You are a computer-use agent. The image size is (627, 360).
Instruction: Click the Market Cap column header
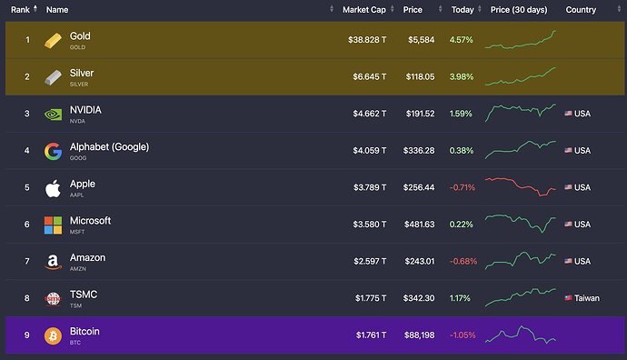point(363,10)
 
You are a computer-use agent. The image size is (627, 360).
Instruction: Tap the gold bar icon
point(53,40)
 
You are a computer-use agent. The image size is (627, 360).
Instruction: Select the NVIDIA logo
point(53,115)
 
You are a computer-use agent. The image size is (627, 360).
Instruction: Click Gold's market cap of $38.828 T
point(367,40)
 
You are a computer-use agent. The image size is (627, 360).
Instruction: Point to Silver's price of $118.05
point(420,76)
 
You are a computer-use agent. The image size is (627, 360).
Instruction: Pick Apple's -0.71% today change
point(463,187)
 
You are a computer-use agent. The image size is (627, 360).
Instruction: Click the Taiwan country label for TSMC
point(587,298)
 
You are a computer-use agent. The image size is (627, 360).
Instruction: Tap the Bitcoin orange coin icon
point(53,335)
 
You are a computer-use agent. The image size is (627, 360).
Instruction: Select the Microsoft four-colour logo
point(53,225)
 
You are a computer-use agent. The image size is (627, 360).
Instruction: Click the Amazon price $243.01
point(420,261)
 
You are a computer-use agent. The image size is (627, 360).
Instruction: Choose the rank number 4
point(26,150)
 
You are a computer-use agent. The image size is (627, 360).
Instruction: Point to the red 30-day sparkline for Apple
point(521,186)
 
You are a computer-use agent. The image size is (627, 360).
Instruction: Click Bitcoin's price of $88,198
point(419,335)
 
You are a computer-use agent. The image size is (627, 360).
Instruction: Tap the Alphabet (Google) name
point(109,146)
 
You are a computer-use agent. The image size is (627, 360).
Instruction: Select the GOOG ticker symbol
point(78,158)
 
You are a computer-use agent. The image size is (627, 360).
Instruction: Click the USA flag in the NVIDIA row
point(568,114)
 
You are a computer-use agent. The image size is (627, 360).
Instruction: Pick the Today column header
point(463,10)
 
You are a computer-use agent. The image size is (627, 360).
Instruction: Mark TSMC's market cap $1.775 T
point(371,298)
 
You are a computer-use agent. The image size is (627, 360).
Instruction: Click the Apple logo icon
point(53,188)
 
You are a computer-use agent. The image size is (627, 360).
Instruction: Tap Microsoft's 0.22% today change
point(461,225)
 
